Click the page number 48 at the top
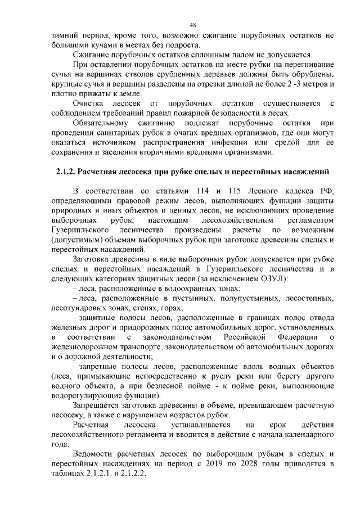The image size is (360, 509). [192, 25]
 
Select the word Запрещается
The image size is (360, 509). [100, 405]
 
